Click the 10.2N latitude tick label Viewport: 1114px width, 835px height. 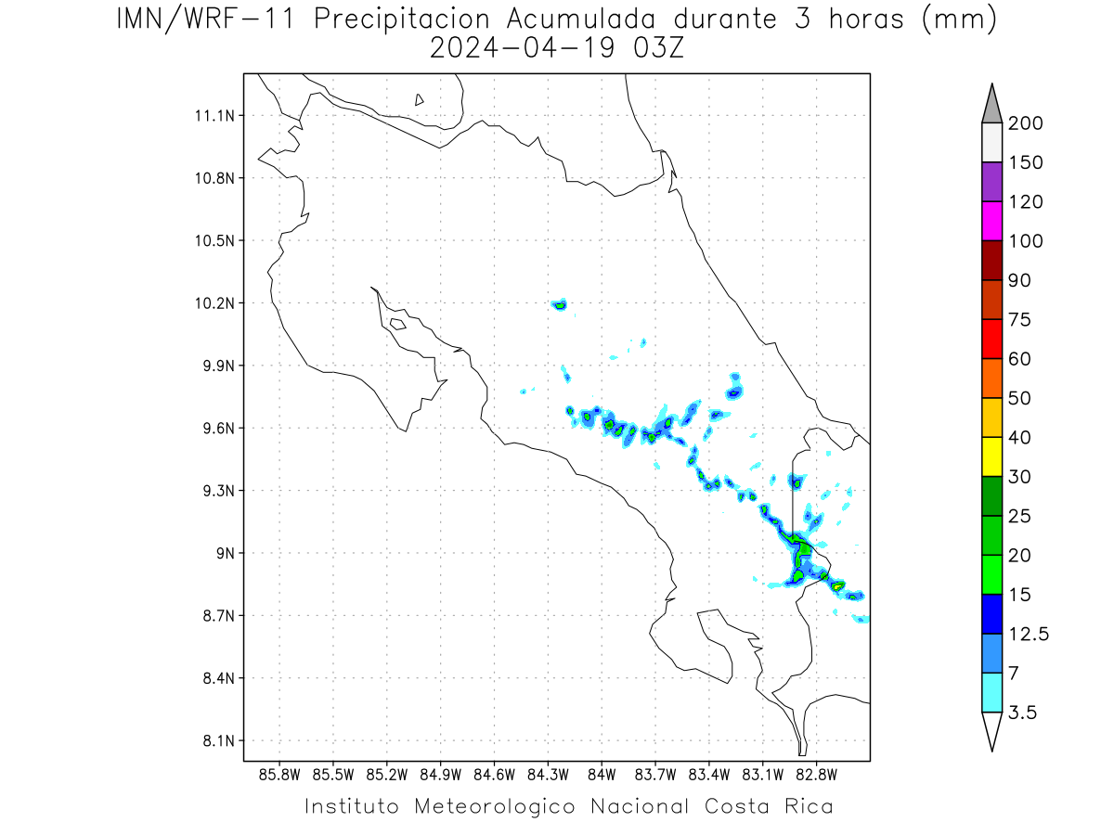pyautogui.click(x=214, y=303)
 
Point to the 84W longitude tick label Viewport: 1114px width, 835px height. pyautogui.click(x=602, y=775)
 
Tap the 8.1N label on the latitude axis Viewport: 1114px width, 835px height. pyautogui.click(x=219, y=740)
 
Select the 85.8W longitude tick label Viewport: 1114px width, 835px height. pyautogui.click(x=279, y=775)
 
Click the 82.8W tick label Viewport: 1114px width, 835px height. pyautogui.click(x=816, y=775)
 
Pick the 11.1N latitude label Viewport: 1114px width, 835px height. pyautogui.click(x=214, y=116)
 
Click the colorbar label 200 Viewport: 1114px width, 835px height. pyautogui.click(x=1025, y=123)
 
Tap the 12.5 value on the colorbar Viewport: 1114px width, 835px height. pyautogui.click(x=1029, y=635)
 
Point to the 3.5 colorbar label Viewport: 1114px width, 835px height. pyautogui.click(x=1022, y=713)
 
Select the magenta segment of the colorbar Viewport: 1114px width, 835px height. pyautogui.click(x=991, y=221)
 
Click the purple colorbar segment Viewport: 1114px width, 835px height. pyautogui.click(x=991, y=182)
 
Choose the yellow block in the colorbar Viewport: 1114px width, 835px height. pyautogui.click(x=991, y=456)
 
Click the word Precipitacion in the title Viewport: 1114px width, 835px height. pyautogui.click(x=402, y=20)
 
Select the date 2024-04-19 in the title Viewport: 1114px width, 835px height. pyautogui.click(x=523, y=48)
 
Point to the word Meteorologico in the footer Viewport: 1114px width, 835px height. pyautogui.click(x=495, y=806)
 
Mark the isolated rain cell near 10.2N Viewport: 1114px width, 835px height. pyautogui.click(x=559, y=304)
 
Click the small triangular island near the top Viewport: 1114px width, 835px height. pyautogui.click(x=419, y=99)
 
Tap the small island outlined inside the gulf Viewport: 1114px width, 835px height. pyautogui.click(x=398, y=324)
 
